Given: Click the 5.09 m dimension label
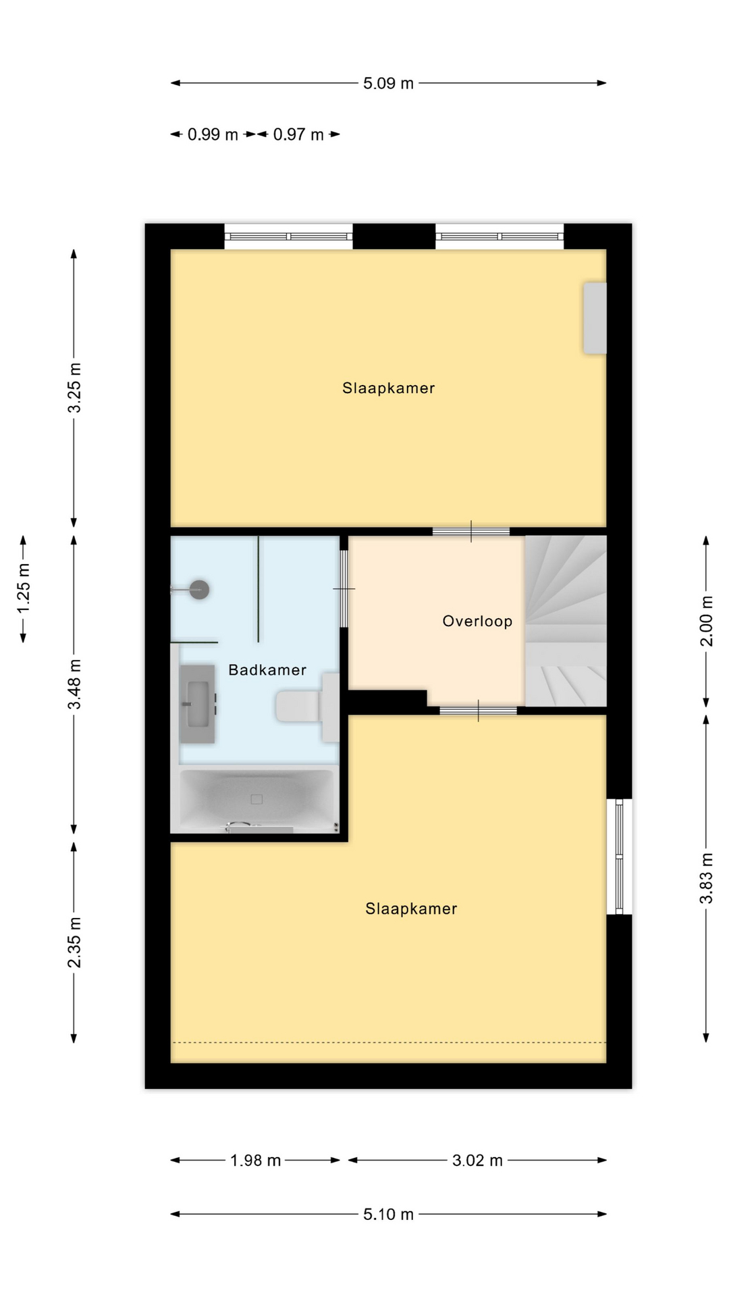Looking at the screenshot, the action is tap(388, 83).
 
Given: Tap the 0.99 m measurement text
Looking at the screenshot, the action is tap(213, 134).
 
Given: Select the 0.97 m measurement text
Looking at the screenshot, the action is tap(298, 134).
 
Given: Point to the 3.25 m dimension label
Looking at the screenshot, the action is tap(74, 388).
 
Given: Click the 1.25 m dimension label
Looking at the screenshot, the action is tap(24, 589).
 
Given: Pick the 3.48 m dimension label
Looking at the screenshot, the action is tap(74, 685).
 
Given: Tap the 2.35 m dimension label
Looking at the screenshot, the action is tap(74, 942).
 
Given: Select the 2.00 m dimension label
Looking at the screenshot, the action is tap(706, 621).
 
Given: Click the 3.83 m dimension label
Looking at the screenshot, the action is tap(706, 878).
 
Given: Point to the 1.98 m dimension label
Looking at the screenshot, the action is tap(255, 1161).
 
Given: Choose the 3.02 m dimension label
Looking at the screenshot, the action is tap(477, 1161).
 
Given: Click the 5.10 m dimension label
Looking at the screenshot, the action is tap(388, 1215).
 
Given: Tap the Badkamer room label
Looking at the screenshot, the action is tap(267, 670).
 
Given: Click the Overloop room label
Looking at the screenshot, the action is tap(477, 621).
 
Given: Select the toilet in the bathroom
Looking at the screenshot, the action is tap(308, 707).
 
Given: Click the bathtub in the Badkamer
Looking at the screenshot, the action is tap(257, 800).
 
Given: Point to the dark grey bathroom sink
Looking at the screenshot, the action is tap(197, 704).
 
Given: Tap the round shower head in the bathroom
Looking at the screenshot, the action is tap(199, 590).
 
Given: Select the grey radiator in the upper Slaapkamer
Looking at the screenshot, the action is tap(595, 318).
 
